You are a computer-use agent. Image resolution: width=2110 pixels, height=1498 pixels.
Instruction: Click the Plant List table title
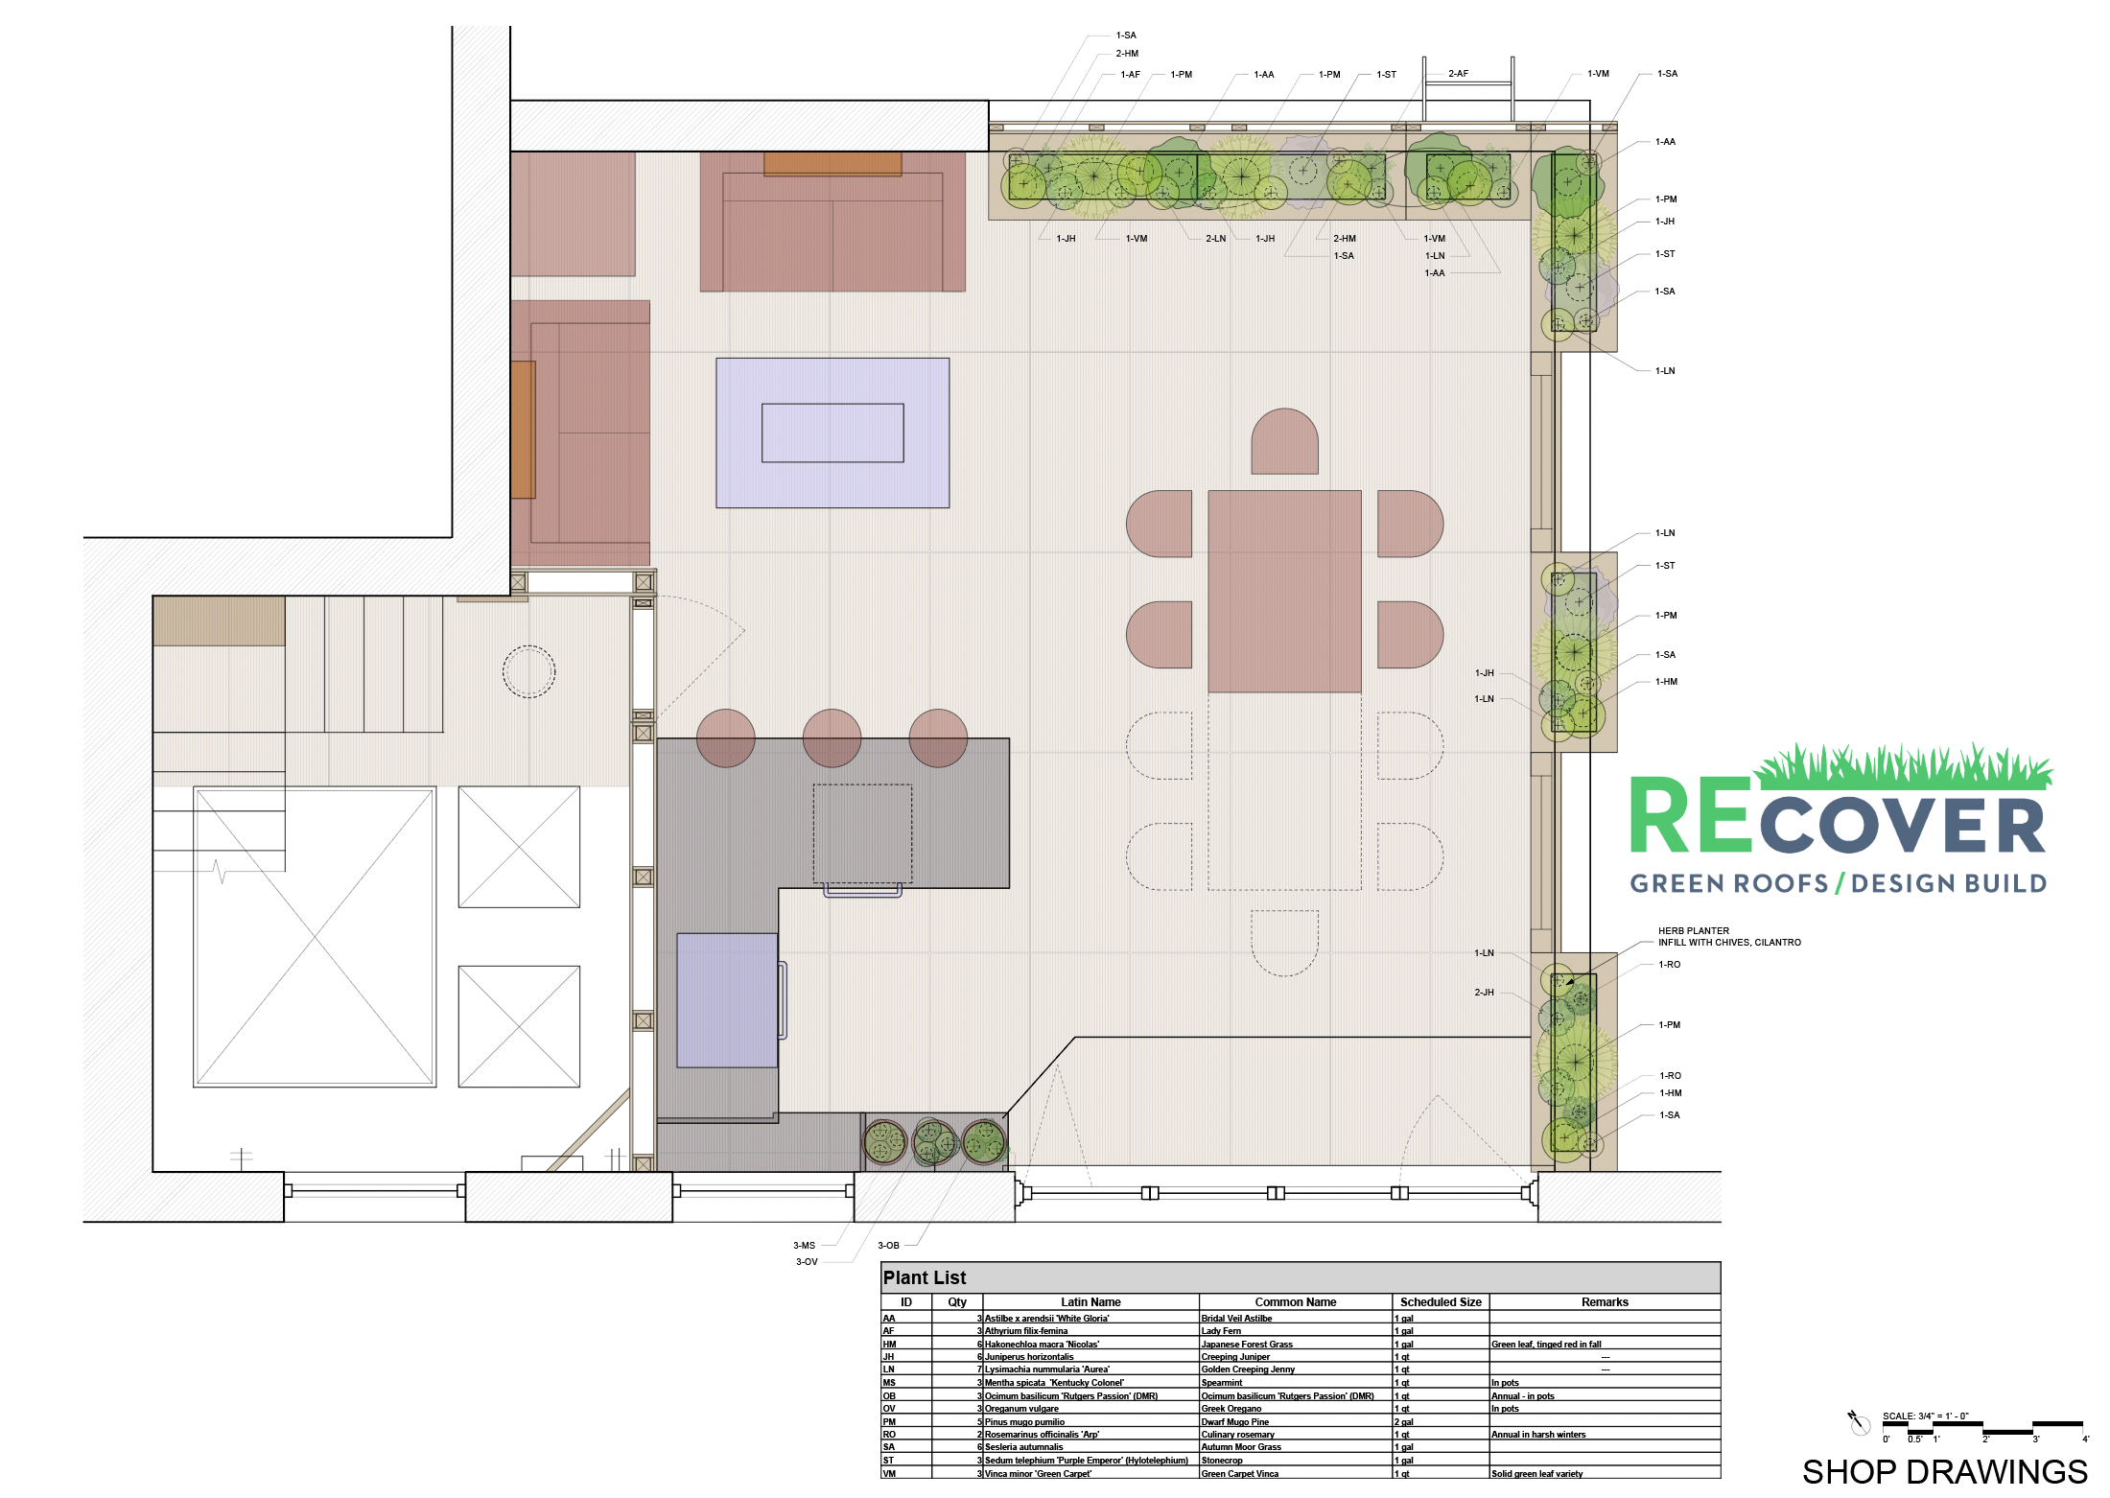click(x=925, y=1277)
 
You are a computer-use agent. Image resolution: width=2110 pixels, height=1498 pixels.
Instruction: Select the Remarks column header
click(x=1605, y=1302)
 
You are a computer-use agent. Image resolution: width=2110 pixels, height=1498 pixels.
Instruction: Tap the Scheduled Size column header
click(x=1441, y=1302)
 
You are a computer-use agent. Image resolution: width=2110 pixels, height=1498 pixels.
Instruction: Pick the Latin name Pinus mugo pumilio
click(x=1024, y=1422)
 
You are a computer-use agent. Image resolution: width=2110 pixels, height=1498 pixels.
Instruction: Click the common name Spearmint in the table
click(x=1222, y=1383)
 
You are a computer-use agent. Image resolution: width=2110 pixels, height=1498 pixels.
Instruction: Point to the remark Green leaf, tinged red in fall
click(x=1546, y=1345)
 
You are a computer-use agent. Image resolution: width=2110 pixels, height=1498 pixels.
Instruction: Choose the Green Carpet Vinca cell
click(x=1240, y=1474)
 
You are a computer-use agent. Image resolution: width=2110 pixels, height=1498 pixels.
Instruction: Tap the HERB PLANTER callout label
click(x=1694, y=930)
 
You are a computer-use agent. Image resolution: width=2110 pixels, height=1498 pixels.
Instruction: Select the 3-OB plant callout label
click(x=889, y=1246)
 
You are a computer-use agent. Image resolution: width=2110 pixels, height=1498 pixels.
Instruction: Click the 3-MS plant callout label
click(x=804, y=1246)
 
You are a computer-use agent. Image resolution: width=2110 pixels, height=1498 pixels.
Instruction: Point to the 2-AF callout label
click(x=1458, y=74)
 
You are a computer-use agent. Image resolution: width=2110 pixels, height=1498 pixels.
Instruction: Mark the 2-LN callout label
click(x=1215, y=239)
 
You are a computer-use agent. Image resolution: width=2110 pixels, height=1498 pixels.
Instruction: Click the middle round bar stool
click(x=832, y=737)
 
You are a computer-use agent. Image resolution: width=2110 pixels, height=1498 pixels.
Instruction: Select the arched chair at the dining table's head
click(x=1284, y=442)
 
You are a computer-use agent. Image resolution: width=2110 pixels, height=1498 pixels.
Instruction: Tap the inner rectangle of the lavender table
click(x=832, y=433)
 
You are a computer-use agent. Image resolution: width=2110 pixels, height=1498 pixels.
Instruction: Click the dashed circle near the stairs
click(x=528, y=671)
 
